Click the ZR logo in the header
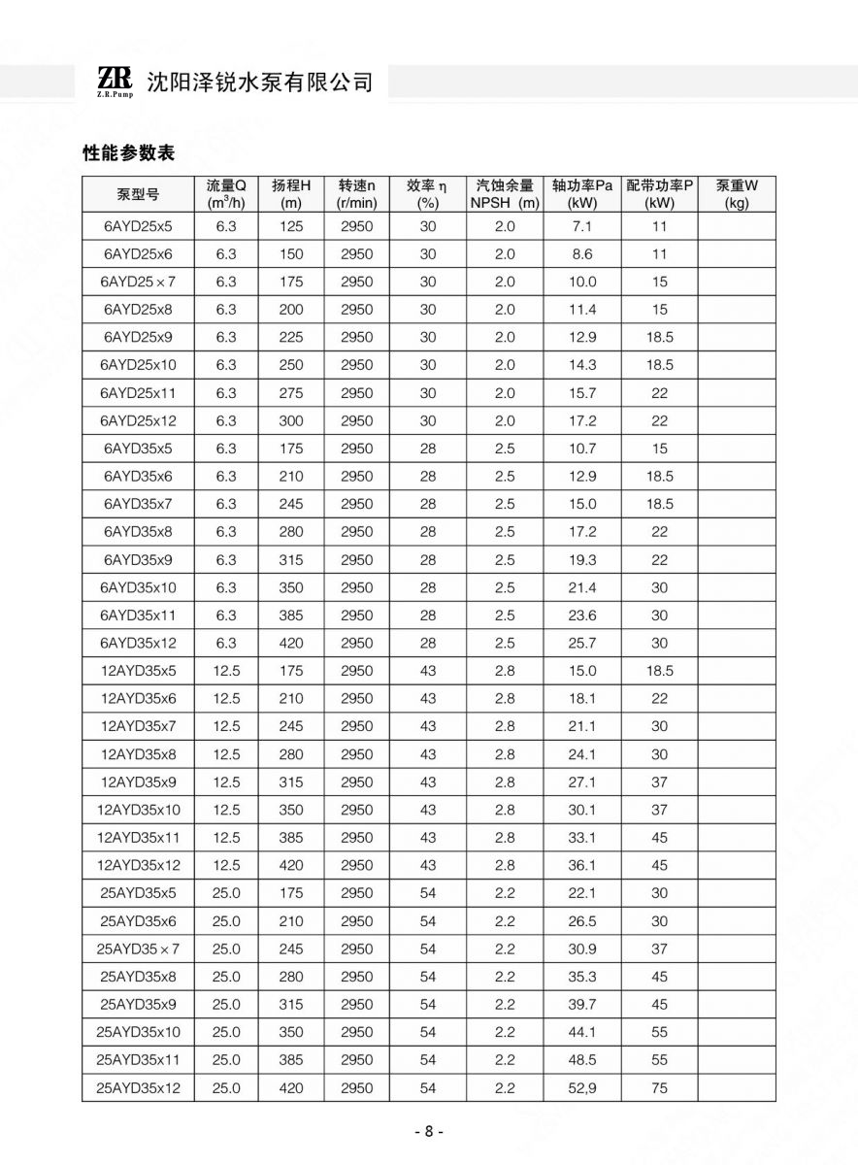point(115,82)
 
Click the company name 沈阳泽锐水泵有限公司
point(259,83)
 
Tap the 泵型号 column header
point(138,194)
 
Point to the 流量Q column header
point(226,194)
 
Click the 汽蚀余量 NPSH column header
point(505,194)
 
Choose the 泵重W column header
point(737,194)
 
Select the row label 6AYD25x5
point(138,227)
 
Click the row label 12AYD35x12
point(138,865)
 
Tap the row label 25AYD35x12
point(138,1088)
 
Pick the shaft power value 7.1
point(582,227)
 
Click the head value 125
point(291,227)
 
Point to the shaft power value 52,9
point(582,1088)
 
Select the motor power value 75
point(660,1088)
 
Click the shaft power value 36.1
point(582,865)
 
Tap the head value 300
point(291,421)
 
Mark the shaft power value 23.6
point(582,616)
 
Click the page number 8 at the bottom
point(428,1132)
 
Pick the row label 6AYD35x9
point(138,560)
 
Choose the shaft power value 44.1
point(582,1032)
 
